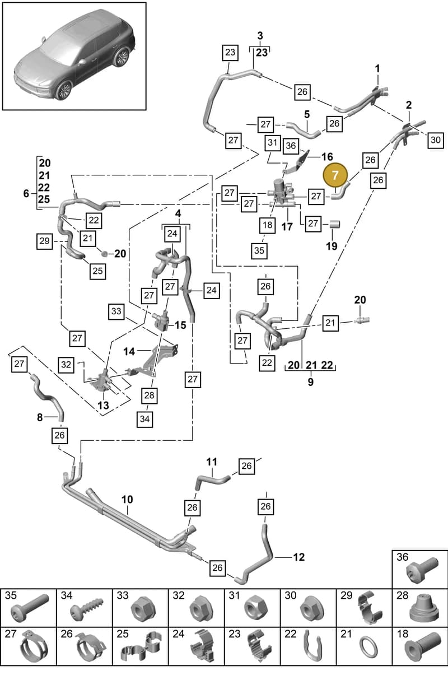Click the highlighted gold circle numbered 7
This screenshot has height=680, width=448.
(335, 175)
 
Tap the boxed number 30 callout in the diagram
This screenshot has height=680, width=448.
(435, 140)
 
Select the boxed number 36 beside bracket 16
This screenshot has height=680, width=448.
(291, 146)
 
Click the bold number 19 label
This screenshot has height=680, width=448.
(332, 245)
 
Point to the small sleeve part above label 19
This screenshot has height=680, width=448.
(335, 224)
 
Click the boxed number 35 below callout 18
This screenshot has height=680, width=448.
(259, 251)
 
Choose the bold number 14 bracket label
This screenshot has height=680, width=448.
(129, 352)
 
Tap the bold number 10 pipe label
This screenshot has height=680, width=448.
(127, 500)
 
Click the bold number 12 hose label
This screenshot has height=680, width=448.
(298, 557)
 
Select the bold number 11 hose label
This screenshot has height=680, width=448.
(212, 462)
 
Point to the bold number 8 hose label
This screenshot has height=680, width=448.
(40, 417)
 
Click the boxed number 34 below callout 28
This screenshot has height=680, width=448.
(145, 419)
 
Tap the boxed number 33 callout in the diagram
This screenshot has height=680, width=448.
(116, 311)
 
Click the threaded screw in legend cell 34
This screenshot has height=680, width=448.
(87, 608)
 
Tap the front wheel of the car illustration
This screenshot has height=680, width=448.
(63, 90)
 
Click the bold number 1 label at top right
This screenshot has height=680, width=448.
(377, 69)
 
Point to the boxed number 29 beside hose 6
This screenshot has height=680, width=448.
(44, 241)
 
